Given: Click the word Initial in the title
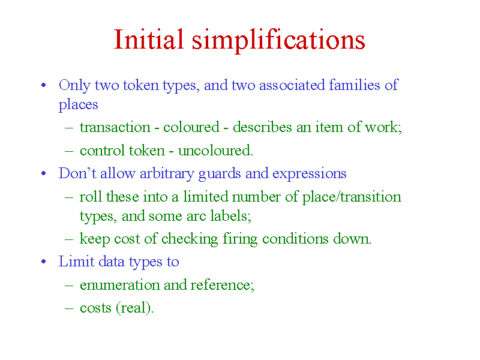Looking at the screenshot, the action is [x=149, y=39].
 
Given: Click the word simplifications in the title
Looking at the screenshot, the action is [x=278, y=41].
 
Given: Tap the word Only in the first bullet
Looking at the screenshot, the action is [x=74, y=85].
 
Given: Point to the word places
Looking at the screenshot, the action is [x=78, y=104].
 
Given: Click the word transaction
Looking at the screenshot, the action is [x=115, y=127].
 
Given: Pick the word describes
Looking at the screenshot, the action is [x=262, y=127].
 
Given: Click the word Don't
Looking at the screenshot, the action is [x=77, y=173].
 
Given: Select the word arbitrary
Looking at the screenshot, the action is [x=167, y=173].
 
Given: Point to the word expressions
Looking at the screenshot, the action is [x=309, y=174].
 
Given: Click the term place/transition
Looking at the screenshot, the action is [x=352, y=197].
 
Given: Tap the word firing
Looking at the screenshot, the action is [x=240, y=239].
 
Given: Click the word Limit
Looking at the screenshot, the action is [x=76, y=261].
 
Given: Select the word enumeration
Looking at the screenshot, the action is [x=119, y=284].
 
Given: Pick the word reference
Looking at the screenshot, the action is [x=221, y=284].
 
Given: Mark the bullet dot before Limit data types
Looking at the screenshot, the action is [x=43, y=262].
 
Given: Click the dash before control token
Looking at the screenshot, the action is [x=69, y=151].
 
